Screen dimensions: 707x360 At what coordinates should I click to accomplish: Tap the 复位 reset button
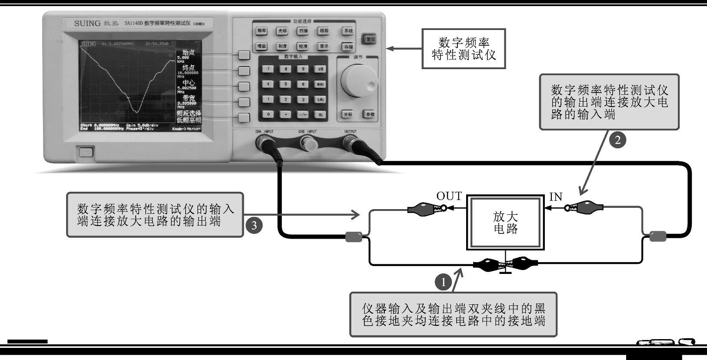370,39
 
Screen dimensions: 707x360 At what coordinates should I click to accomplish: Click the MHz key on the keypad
320,84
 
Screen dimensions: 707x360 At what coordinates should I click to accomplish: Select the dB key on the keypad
320,69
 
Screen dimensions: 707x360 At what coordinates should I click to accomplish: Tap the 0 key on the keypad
268,114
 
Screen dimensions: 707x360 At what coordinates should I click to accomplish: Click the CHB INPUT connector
308,142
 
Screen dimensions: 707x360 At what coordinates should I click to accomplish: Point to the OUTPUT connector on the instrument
350,142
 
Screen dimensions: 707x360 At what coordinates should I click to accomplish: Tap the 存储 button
348,47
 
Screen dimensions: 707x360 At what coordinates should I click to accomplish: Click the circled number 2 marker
617,140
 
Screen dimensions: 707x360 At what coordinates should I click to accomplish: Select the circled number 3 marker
254,225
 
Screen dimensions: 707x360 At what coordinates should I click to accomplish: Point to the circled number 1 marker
444,282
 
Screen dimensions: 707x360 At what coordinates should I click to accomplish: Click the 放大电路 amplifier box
505,223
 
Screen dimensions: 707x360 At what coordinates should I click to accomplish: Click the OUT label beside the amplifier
449,196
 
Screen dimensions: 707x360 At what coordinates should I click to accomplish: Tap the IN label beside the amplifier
556,197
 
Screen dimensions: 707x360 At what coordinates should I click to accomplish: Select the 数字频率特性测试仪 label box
464,49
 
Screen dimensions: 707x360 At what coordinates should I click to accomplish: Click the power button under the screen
87,152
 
